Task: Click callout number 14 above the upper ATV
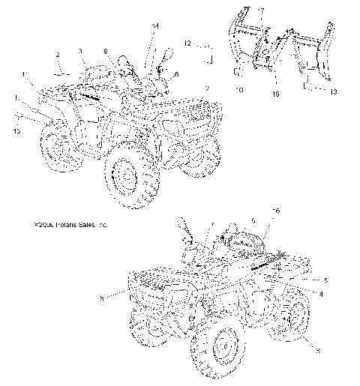[155, 27]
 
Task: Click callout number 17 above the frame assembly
[260, 10]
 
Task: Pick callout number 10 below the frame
[239, 90]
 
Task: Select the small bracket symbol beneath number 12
[211, 58]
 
